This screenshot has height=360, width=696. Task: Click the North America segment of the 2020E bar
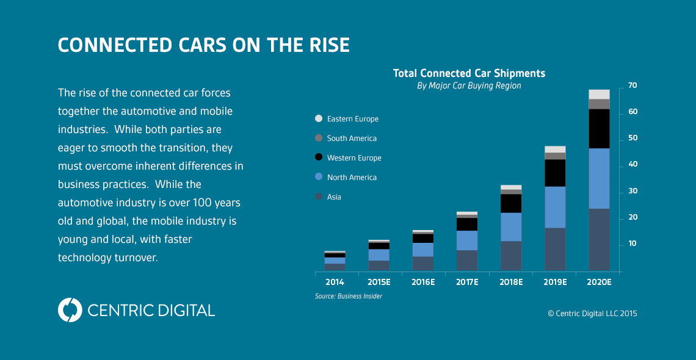[599, 178]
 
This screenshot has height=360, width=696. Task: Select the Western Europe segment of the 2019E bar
[555, 173]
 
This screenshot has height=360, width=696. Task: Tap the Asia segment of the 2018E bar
[511, 256]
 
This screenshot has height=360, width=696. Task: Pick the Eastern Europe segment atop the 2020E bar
[599, 94]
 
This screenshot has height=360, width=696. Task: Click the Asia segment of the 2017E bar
[467, 260]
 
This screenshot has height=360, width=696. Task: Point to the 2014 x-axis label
[335, 283]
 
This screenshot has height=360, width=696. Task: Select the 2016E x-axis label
[422, 283]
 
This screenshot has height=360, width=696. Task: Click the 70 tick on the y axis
[632, 85]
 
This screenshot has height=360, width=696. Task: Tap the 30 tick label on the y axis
[632, 191]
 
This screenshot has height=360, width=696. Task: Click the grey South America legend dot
[319, 139]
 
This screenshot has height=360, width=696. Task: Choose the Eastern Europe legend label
[352, 119]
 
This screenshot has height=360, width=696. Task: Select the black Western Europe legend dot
[319, 158]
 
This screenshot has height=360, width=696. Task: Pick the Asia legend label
[334, 197]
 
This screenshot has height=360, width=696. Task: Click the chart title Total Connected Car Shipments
[469, 73]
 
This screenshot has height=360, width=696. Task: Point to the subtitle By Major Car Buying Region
[469, 86]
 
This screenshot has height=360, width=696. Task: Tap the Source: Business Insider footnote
[349, 296]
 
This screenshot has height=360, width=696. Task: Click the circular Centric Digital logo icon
[70, 310]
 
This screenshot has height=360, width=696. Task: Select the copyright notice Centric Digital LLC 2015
[592, 314]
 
